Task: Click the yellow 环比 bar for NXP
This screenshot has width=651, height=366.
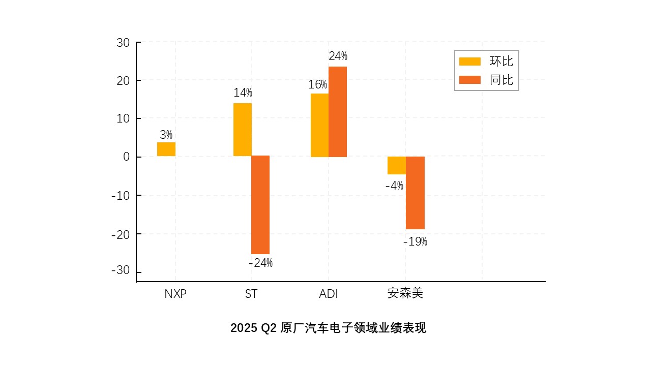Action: coord(166,149)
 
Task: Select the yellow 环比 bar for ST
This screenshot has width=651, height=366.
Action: coord(243,130)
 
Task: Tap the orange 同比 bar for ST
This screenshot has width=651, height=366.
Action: coord(260,205)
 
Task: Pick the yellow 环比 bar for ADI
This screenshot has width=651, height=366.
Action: coord(319,125)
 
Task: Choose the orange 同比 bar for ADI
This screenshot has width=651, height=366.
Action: coord(338,112)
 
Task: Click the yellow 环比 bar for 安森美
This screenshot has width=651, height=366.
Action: coord(396,166)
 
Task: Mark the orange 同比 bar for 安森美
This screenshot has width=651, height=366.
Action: coord(415,193)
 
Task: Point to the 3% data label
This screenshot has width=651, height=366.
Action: coord(166,135)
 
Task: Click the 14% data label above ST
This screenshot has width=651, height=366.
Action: coord(243,93)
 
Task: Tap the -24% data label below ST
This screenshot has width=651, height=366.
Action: coord(260,263)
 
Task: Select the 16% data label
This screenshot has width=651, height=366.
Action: coord(318,85)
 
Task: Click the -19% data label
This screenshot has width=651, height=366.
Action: coord(415,242)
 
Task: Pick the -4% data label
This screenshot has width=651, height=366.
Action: coord(394,186)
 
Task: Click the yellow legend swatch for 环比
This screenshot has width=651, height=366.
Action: coord(469,62)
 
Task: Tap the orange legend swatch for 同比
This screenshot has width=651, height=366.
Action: coord(469,80)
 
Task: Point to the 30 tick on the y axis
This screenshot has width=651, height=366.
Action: coord(123,43)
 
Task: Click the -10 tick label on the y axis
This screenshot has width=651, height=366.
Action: coord(121,196)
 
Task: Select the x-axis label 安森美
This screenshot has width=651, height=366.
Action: coord(405,294)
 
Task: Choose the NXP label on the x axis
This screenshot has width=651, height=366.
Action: coord(175,294)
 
